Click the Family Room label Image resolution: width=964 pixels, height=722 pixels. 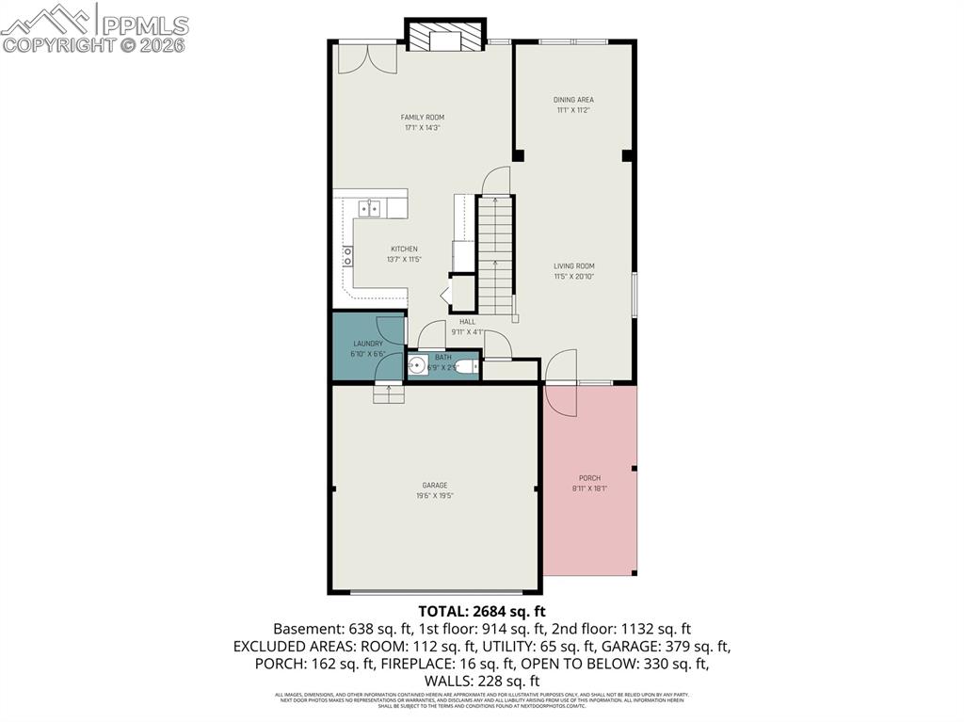422,118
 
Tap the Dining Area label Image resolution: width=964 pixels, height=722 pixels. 573,99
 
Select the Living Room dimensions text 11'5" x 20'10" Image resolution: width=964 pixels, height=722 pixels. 573,277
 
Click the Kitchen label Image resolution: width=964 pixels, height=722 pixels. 404,249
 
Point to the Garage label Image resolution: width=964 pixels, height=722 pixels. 434,485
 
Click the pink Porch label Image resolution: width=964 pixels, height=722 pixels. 589,478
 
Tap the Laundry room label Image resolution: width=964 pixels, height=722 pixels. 367,345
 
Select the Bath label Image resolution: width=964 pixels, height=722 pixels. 442,357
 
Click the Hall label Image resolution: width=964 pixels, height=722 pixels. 467,321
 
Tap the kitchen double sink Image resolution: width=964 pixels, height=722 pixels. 368,208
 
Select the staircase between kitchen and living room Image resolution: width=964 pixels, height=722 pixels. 495,254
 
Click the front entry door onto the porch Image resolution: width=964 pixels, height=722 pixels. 561,367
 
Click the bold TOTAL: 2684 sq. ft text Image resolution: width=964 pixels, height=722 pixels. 481,610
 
